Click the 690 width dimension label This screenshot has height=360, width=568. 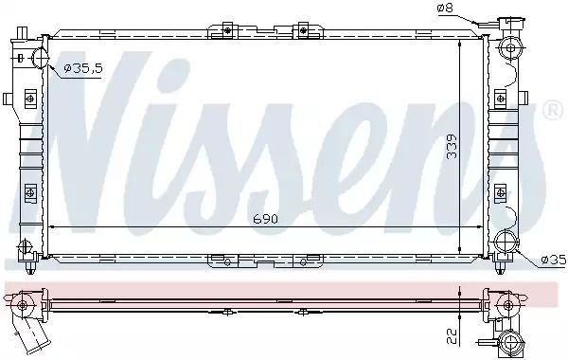tap(265, 219)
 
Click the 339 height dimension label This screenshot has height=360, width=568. tap(452, 147)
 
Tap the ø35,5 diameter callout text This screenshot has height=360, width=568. tap(83, 68)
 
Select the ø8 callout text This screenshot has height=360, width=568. tap(445, 8)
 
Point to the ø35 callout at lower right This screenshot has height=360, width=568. tap(554, 260)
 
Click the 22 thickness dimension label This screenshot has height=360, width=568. tap(452, 336)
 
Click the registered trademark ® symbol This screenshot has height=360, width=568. tap(553, 111)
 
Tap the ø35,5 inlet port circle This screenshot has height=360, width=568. tap(40, 58)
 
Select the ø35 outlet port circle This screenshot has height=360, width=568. tap(506, 242)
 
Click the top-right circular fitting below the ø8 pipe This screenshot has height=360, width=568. tap(510, 47)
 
